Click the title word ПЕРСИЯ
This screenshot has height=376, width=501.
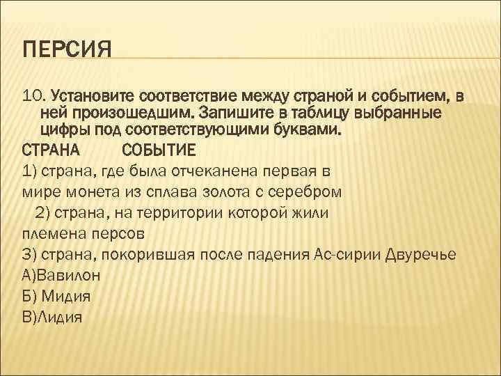[x=67, y=50]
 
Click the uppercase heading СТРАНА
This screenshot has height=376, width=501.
[x=51, y=150]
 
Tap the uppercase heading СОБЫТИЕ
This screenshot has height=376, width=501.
[x=159, y=150]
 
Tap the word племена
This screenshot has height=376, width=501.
[x=51, y=233]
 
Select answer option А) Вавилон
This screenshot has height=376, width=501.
[x=61, y=274]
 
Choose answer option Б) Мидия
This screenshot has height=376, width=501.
[x=57, y=295]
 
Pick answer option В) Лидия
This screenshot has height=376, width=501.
[x=53, y=316]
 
